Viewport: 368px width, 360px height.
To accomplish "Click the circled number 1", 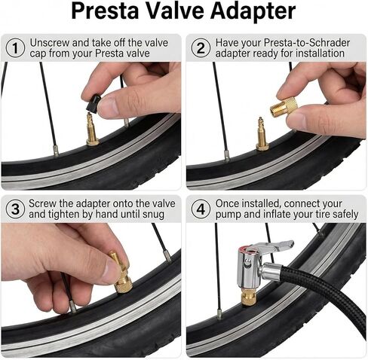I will [x=15, y=47].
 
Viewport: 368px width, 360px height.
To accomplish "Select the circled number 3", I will [x=15, y=209].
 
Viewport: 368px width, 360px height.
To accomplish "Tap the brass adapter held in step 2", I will [x=286, y=111].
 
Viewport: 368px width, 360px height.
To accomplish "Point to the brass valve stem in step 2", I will [x=262, y=134].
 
